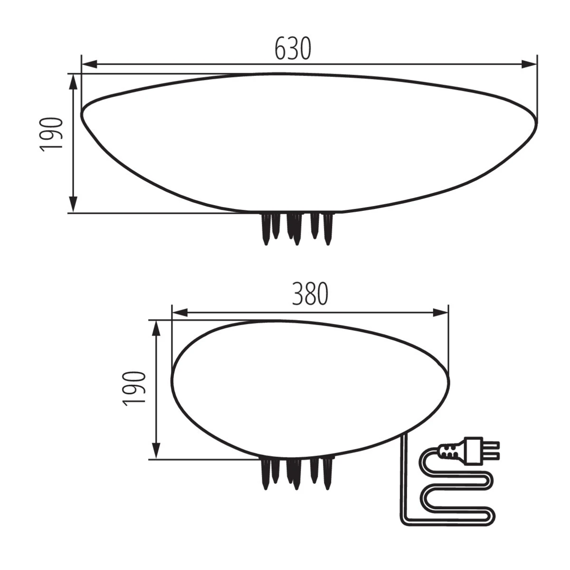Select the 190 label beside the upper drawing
51,135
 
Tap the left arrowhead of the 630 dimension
89,64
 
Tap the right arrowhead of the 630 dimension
529,64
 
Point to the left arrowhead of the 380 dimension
180,313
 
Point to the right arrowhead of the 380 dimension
441,313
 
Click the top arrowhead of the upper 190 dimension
73,82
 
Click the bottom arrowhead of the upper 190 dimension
73,205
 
